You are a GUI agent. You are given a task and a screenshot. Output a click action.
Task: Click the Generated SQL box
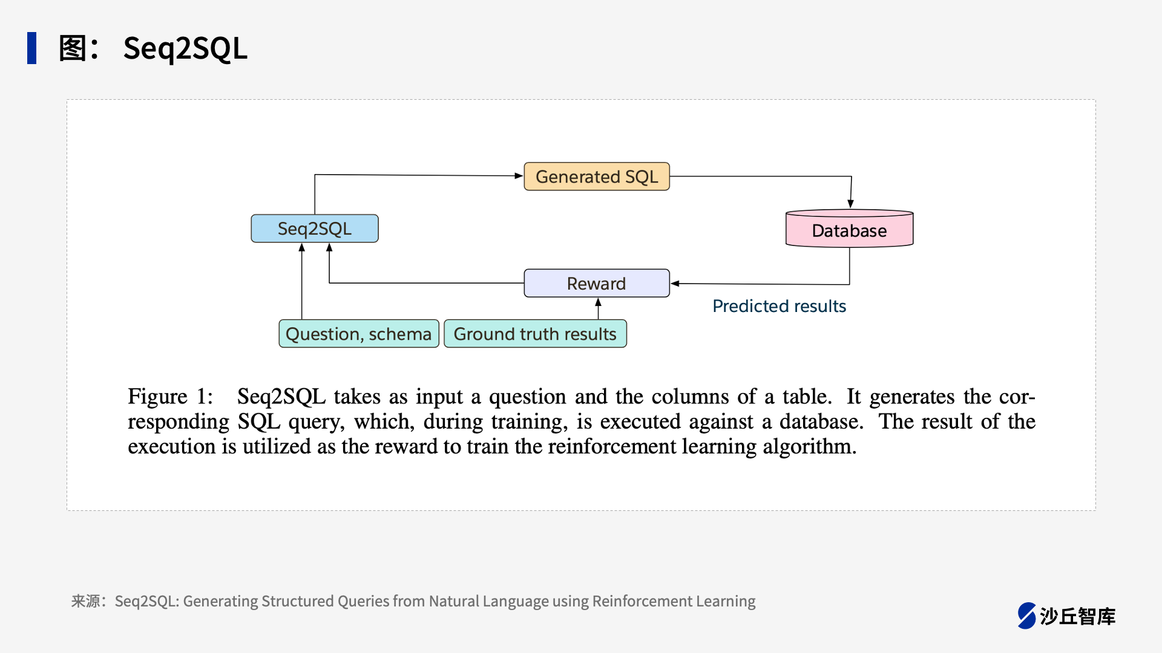pyautogui.click(x=596, y=177)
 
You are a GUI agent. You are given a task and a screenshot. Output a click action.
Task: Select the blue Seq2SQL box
pyautogui.click(x=314, y=229)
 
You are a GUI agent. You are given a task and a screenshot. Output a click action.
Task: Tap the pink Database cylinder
pyautogui.click(x=849, y=230)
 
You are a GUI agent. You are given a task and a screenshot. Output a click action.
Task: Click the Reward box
pyautogui.click(x=596, y=284)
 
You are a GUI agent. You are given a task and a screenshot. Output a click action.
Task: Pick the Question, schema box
pyautogui.click(x=358, y=334)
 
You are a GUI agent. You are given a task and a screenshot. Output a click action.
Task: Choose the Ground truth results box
pyautogui.click(x=535, y=334)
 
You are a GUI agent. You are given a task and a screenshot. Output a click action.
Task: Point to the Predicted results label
pyautogui.click(x=779, y=306)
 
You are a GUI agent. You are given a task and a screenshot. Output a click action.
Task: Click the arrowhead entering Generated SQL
pyautogui.click(x=519, y=176)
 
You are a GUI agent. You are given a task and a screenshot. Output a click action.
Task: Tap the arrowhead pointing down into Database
pyautogui.click(x=850, y=204)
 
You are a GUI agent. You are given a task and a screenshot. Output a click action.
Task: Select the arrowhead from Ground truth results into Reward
pyautogui.click(x=598, y=302)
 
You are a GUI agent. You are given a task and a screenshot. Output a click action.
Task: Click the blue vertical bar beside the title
pyautogui.click(x=31, y=48)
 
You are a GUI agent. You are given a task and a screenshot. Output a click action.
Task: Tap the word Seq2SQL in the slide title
pyautogui.click(x=185, y=48)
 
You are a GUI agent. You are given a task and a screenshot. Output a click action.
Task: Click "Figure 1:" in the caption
pyautogui.click(x=170, y=397)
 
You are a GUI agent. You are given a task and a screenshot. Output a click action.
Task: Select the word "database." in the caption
pyautogui.click(x=821, y=421)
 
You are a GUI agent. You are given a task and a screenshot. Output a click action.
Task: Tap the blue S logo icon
pyautogui.click(x=1026, y=616)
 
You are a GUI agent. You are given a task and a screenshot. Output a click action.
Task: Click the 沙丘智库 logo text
pyautogui.click(x=1077, y=616)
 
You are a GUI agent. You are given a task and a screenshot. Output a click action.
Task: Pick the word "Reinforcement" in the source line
pyautogui.click(x=642, y=601)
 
